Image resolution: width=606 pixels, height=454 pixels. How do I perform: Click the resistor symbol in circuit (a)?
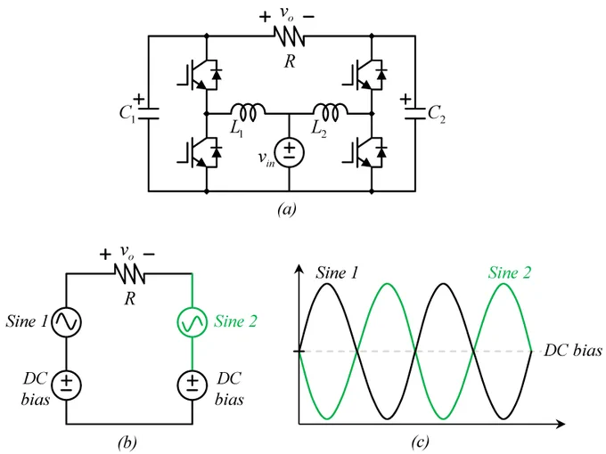click(290, 36)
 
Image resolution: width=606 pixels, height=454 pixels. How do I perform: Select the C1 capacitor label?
click(127, 114)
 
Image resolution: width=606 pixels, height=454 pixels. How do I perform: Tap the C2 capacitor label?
click(437, 114)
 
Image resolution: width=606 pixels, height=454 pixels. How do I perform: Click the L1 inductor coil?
click(248, 111)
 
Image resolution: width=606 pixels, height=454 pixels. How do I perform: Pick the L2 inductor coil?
click(330, 111)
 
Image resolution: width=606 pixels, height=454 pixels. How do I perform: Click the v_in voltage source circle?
click(289, 153)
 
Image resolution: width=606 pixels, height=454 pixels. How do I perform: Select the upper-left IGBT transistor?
click(201, 75)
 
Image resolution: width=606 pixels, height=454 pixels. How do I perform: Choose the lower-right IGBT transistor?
click(365, 153)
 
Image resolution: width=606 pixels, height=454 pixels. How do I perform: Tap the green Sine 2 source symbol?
click(192, 322)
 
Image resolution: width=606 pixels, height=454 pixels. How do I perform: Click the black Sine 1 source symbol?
click(67, 322)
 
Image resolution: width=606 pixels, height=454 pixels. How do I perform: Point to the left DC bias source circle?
click(67, 385)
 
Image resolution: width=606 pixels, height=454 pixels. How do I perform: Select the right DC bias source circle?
click(192, 385)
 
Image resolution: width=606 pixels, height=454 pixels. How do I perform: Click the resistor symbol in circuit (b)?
click(129, 274)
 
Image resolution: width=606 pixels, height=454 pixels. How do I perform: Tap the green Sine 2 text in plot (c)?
click(510, 272)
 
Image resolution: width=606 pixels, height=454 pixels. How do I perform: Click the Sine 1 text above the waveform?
click(337, 272)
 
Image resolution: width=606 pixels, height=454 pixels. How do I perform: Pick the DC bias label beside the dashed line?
click(572, 351)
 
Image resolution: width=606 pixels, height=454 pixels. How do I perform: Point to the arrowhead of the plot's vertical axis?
click(299, 269)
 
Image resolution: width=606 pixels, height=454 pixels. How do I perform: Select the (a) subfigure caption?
click(287, 209)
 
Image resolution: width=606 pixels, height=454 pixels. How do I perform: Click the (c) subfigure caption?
click(420, 442)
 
